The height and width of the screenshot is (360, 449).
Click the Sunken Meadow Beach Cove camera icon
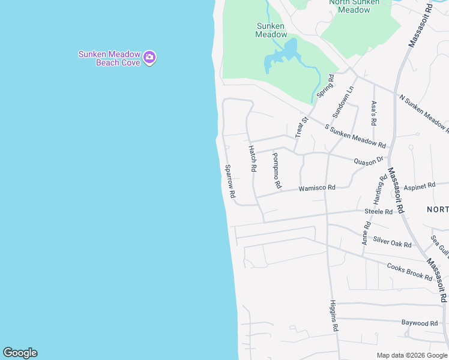click(149, 58)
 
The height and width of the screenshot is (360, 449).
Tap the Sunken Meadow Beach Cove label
click(109, 58)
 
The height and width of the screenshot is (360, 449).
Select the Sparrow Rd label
click(230, 182)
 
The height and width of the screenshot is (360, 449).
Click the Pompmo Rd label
click(276, 170)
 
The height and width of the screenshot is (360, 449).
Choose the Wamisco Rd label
click(317, 188)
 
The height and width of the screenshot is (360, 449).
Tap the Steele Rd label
click(378, 211)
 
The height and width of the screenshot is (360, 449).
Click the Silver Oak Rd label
click(392, 242)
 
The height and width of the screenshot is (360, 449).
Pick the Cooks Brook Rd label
click(409, 272)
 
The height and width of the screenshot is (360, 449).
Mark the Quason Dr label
click(369, 161)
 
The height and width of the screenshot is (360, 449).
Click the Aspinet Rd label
click(419, 187)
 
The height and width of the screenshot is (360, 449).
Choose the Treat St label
click(301, 127)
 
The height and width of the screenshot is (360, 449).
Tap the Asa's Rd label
click(373, 112)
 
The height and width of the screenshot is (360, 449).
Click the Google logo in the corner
click(20, 353)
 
